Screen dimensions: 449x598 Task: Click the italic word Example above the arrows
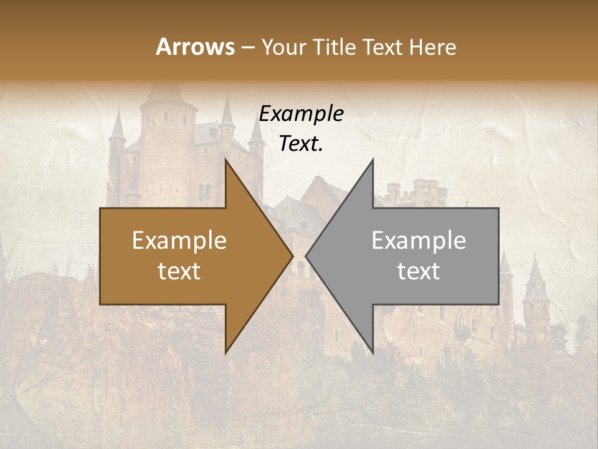coord(301,114)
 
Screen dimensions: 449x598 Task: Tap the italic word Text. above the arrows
coord(301,144)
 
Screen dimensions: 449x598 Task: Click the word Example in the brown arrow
coord(179,241)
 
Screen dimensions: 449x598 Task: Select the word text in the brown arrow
coord(179,271)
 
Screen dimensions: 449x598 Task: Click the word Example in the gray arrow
coord(419,241)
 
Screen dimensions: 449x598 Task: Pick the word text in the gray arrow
coord(419,271)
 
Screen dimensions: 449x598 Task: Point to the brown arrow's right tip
coord(293,256)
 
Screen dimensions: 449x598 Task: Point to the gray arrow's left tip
coord(306,256)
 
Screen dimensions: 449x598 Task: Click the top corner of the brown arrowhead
coord(226,160)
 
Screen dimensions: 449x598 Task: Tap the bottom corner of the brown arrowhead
coord(226,353)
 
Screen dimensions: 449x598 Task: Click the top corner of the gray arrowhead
coord(373,160)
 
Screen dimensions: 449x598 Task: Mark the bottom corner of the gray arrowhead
coord(373,353)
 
